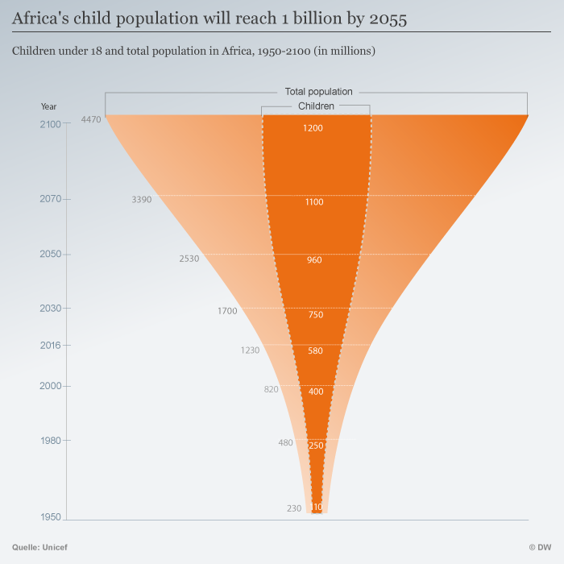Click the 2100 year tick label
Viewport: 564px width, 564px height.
(x=50, y=123)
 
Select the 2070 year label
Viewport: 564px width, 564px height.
(x=50, y=198)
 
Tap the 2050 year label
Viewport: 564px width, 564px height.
(x=50, y=254)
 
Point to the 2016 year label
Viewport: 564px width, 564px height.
(x=50, y=345)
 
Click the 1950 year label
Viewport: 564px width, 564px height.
(x=50, y=516)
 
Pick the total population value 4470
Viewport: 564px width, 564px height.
(x=91, y=120)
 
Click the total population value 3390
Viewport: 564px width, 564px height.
(x=141, y=199)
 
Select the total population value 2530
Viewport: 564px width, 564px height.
(x=189, y=259)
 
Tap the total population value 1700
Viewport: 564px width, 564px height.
(x=227, y=310)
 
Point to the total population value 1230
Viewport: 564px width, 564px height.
(x=250, y=350)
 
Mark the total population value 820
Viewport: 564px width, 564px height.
(x=271, y=390)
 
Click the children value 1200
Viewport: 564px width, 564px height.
(x=314, y=128)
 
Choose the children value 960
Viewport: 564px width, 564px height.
(x=314, y=260)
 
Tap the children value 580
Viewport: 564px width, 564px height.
(x=315, y=350)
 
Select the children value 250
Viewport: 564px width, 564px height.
(x=316, y=446)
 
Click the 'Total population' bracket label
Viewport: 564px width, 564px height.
(x=319, y=92)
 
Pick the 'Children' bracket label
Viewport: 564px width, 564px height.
(x=316, y=106)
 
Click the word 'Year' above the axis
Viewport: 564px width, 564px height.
(x=49, y=106)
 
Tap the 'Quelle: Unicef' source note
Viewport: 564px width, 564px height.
(x=39, y=547)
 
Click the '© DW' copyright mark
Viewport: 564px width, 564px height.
(x=540, y=547)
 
